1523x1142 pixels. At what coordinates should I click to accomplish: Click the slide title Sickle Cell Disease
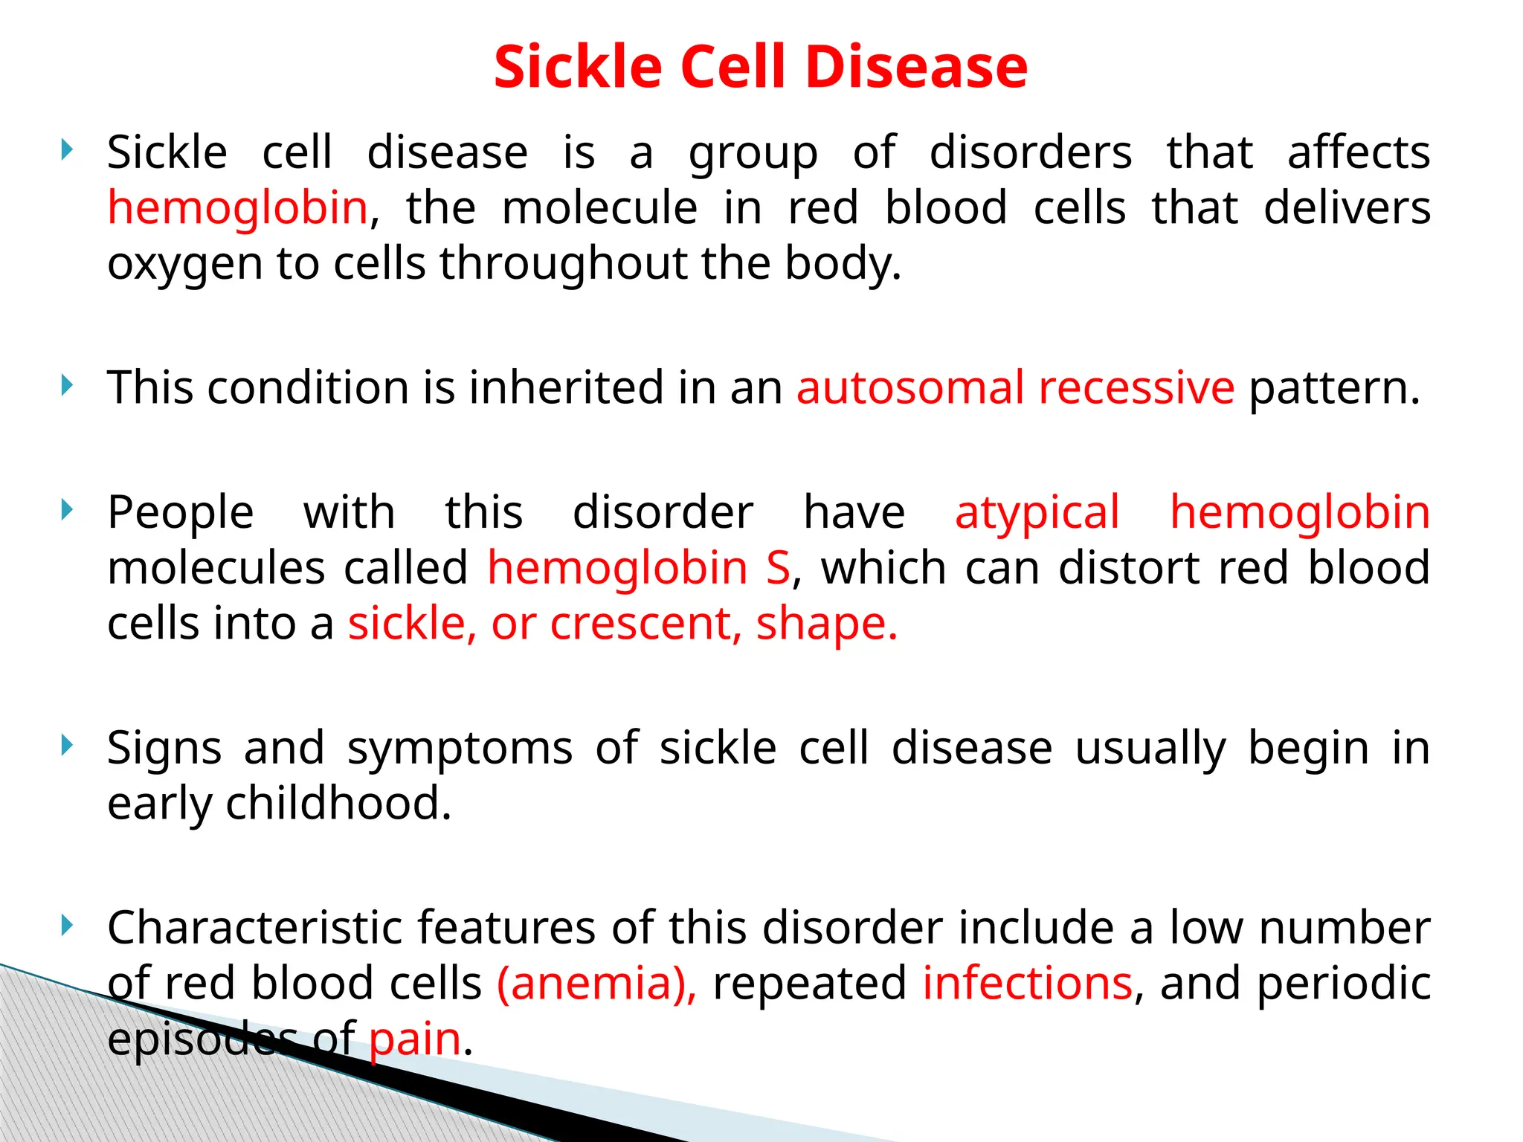760,67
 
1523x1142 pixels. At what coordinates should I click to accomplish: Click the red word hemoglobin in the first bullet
237,207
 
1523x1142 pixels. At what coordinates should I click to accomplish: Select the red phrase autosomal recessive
1015,388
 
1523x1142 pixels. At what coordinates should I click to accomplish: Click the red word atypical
1037,513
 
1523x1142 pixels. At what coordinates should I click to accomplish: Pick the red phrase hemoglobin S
639,568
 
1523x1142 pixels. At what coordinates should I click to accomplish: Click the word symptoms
460,748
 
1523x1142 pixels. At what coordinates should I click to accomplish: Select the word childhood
339,803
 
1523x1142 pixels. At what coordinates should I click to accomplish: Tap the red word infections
1028,983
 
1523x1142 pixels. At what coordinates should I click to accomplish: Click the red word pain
415,1039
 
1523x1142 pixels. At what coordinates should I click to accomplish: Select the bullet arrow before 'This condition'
67,386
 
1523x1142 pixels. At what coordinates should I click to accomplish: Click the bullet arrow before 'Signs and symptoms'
67,745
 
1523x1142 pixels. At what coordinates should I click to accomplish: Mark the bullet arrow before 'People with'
67,510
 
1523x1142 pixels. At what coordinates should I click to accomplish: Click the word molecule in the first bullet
599,207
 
